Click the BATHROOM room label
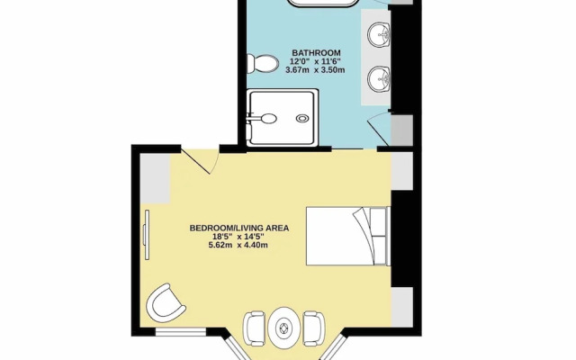click(x=316, y=53)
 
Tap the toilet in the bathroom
click(x=262, y=64)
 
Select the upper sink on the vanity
click(x=379, y=35)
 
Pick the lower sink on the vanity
click(x=379, y=78)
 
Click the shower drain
click(x=302, y=118)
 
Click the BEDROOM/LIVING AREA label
click(x=239, y=228)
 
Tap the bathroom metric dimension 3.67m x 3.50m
click(x=315, y=70)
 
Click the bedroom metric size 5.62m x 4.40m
click(x=238, y=245)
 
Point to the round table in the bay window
click(x=284, y=328)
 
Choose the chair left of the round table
click(x=254, y=328)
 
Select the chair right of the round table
click(x=314, y=328)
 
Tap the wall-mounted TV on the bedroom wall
click(x=147, y=235)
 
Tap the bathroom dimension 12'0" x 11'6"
click(x=315, y=61)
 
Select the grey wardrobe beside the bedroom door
click(x=155, y=178)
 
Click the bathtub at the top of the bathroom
click(x=323, y=4)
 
